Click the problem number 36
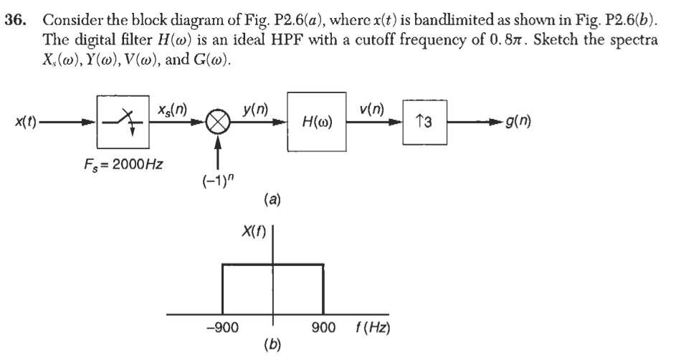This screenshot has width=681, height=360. (x=16, y=10)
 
